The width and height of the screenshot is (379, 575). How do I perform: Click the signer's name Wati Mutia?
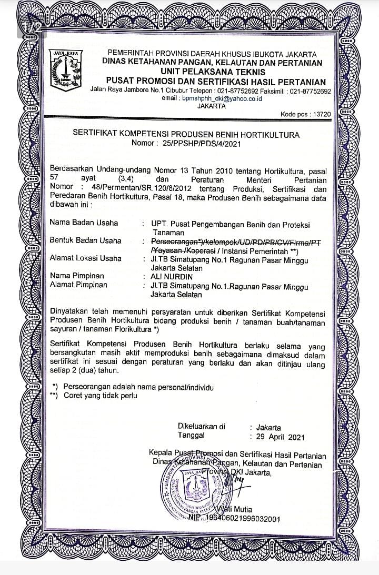click(235, 509)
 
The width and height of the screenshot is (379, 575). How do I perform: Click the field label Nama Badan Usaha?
click(84, 223)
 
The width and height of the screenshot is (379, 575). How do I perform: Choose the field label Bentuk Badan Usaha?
click(85, 240)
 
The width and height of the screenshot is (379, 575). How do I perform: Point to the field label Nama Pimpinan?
click(77, 276)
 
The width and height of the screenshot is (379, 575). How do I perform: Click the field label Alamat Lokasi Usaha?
click(85, 258)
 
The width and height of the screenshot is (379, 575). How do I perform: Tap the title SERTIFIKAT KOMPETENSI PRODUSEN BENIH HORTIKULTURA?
click(186, 134)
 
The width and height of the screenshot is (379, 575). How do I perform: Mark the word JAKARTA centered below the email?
click(211, 106)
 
